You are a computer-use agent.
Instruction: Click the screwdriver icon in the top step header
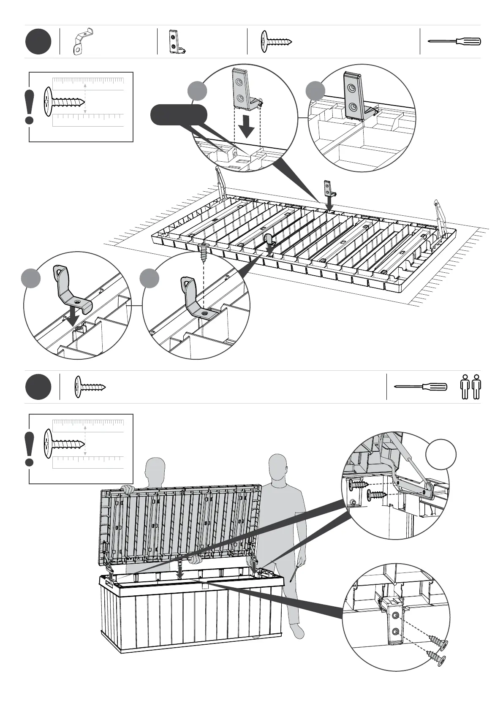point(454,41)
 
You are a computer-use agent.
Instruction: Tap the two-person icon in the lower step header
point(470,387)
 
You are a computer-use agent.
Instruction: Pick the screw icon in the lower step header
point(90,386)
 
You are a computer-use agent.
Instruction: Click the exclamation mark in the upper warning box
point(30,107)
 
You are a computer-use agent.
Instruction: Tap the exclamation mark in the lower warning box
point(30,449)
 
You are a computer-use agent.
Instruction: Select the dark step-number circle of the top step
point(38,42)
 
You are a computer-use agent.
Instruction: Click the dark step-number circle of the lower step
point(38,387)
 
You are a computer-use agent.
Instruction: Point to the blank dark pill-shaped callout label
point(179,115)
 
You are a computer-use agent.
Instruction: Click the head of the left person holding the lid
point(155,469)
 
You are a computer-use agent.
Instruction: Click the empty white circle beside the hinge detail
point(441,454)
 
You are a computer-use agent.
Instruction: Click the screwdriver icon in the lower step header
point(420,386)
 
